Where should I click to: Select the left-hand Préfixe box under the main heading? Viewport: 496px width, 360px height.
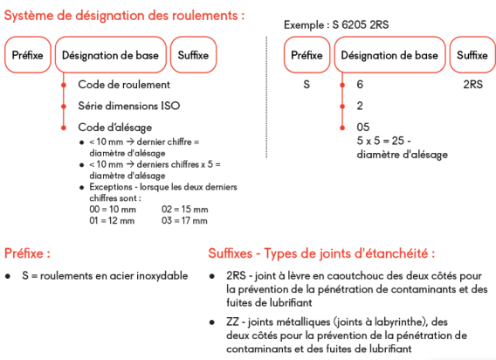(x=28, y=54)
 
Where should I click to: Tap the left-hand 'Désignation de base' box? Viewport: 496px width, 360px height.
(x=109, y=54)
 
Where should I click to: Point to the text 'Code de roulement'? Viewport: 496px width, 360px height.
(x=124, y=85)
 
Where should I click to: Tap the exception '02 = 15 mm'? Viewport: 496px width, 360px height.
(x=184, y=210)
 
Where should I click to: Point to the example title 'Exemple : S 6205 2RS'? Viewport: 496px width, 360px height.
(x=335, y=24)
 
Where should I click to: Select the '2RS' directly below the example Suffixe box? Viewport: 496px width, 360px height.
(x=472, y=85)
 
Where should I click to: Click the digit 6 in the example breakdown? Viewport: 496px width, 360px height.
(x=361, y=85)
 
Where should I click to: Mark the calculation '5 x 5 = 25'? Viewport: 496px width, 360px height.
(x=382, y=141)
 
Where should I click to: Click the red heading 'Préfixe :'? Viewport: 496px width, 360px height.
(x=27, y=253)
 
